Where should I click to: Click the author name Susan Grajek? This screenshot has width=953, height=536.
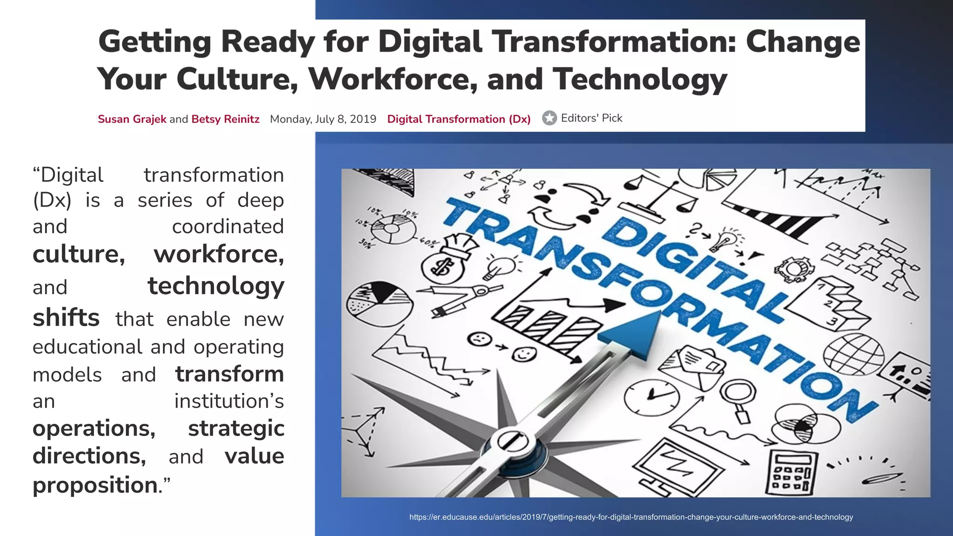coord(132,119)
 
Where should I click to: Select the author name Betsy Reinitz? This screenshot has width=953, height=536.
coord(225,119)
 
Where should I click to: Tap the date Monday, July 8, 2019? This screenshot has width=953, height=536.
coord(323,119)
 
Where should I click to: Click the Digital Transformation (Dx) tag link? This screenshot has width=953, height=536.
coord(459,119)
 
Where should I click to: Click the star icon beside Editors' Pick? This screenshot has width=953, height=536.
coord(550,118)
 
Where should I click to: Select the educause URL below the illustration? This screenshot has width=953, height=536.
coord(631,517)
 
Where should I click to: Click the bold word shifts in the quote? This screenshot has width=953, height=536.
coord(66,318)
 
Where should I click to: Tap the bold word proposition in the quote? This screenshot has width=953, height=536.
coord(95,485)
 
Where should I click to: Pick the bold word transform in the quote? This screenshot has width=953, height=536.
coord(229,374)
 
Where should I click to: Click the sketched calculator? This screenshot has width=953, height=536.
coord(791,472)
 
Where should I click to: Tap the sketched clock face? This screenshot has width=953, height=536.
coord(651,396)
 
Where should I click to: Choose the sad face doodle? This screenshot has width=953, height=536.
coord(479,338)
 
